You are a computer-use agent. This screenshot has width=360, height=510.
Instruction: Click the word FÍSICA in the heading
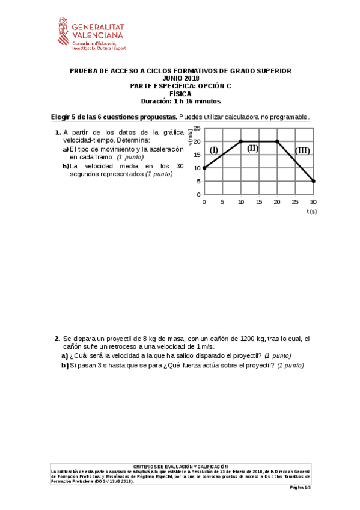180,94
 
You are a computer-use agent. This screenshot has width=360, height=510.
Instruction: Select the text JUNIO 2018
180,79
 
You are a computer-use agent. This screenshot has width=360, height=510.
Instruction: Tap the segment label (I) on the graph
213,150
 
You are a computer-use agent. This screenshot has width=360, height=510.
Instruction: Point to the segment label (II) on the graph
252,148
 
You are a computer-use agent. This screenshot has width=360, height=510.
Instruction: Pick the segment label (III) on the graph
302,150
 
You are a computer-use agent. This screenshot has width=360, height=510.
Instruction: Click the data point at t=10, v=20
240,141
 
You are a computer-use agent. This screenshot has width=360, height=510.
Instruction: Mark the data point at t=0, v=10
204,168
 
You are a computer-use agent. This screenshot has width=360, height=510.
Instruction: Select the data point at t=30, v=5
313,181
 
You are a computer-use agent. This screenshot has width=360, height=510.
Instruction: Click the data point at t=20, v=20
276,141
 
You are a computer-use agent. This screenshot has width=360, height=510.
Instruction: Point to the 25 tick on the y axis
197,128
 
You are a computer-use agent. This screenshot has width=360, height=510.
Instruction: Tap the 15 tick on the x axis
258,201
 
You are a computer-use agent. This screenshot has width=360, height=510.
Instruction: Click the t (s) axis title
311,211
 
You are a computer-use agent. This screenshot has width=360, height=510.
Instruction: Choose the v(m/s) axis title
190,138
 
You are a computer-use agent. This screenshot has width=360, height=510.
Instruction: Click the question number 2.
57,339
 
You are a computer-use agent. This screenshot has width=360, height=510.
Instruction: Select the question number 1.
57,132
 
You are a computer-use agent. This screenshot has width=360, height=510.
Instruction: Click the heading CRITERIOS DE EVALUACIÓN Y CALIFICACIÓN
180,466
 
